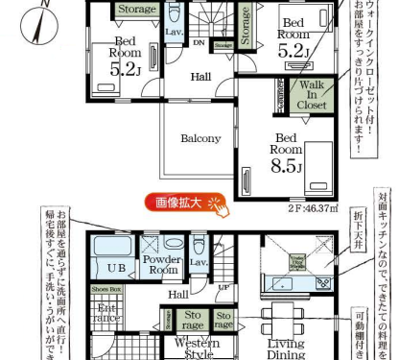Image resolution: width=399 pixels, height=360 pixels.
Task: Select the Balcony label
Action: click(200, 138)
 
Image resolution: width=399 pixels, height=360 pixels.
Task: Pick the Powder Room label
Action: click(162, 266)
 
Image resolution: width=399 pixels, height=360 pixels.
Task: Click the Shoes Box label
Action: click(106, 287)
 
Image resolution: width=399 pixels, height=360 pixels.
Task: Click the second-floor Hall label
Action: click(200, 76)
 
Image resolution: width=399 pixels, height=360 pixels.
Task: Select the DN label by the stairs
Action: click(199, 42)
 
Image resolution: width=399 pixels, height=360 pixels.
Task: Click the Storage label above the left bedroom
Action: click(136, 10)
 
